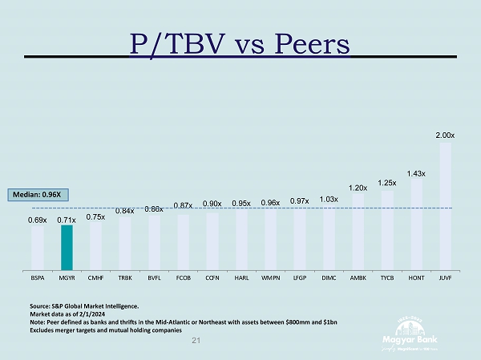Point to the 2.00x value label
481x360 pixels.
click(x=445, y=136)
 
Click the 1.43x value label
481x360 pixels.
click(x=416, y=173)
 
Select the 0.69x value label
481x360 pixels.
click(x=38, y=220)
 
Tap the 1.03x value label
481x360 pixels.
click(x=328, y=199)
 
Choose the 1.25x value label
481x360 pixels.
click(x=387, y=184)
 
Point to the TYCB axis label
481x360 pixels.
click(x=387, y=277)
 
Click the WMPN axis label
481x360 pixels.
click(x=270, y=277)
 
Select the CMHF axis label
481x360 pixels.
click(x=95, y=277)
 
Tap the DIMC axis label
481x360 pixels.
click(x=328, y=277)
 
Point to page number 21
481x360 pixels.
click(x=197, y=341)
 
